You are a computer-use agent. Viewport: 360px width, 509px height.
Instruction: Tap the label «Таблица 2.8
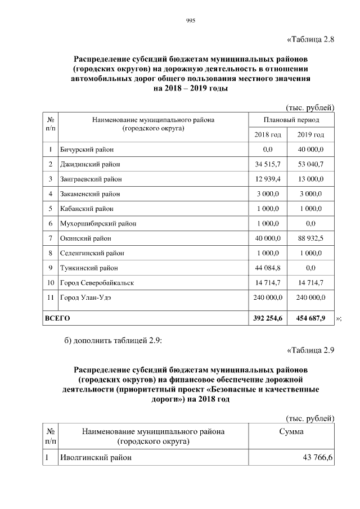tap(310, 39)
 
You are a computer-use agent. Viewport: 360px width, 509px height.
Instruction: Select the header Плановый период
tap(291, 120)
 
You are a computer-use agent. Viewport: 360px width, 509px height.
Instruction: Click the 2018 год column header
tap(268, 135)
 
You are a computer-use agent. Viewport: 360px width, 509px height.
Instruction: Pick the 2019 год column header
tap(310, 135)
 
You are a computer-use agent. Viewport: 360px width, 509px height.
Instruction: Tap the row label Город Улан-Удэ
tap(85, 298)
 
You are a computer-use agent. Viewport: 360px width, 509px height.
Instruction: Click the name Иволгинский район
tap(96, 458)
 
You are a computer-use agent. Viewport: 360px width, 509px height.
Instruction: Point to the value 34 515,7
tap(268, 164)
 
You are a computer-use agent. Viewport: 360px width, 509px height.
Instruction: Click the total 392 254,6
tap(268, 318)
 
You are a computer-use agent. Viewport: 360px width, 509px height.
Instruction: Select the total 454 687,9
tap(310, 318)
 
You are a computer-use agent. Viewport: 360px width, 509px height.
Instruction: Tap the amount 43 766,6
tap(318, 458)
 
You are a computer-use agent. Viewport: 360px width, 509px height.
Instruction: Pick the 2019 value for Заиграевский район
tap(310, 179)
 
